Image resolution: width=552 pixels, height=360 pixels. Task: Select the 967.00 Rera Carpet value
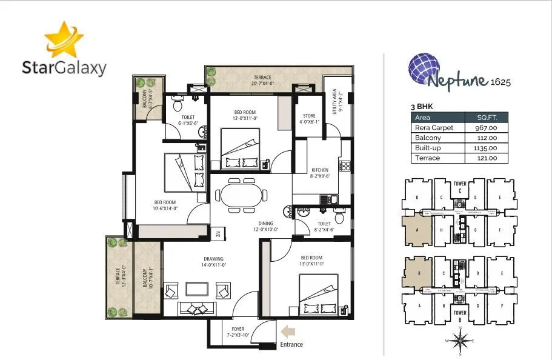point(485,128)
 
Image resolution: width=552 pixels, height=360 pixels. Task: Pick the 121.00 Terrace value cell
point(485,158)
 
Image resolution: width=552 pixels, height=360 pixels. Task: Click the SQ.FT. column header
point(485,118)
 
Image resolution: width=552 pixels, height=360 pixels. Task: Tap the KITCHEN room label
point(320,170)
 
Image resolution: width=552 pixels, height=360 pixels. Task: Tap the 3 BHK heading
point(422,106)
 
